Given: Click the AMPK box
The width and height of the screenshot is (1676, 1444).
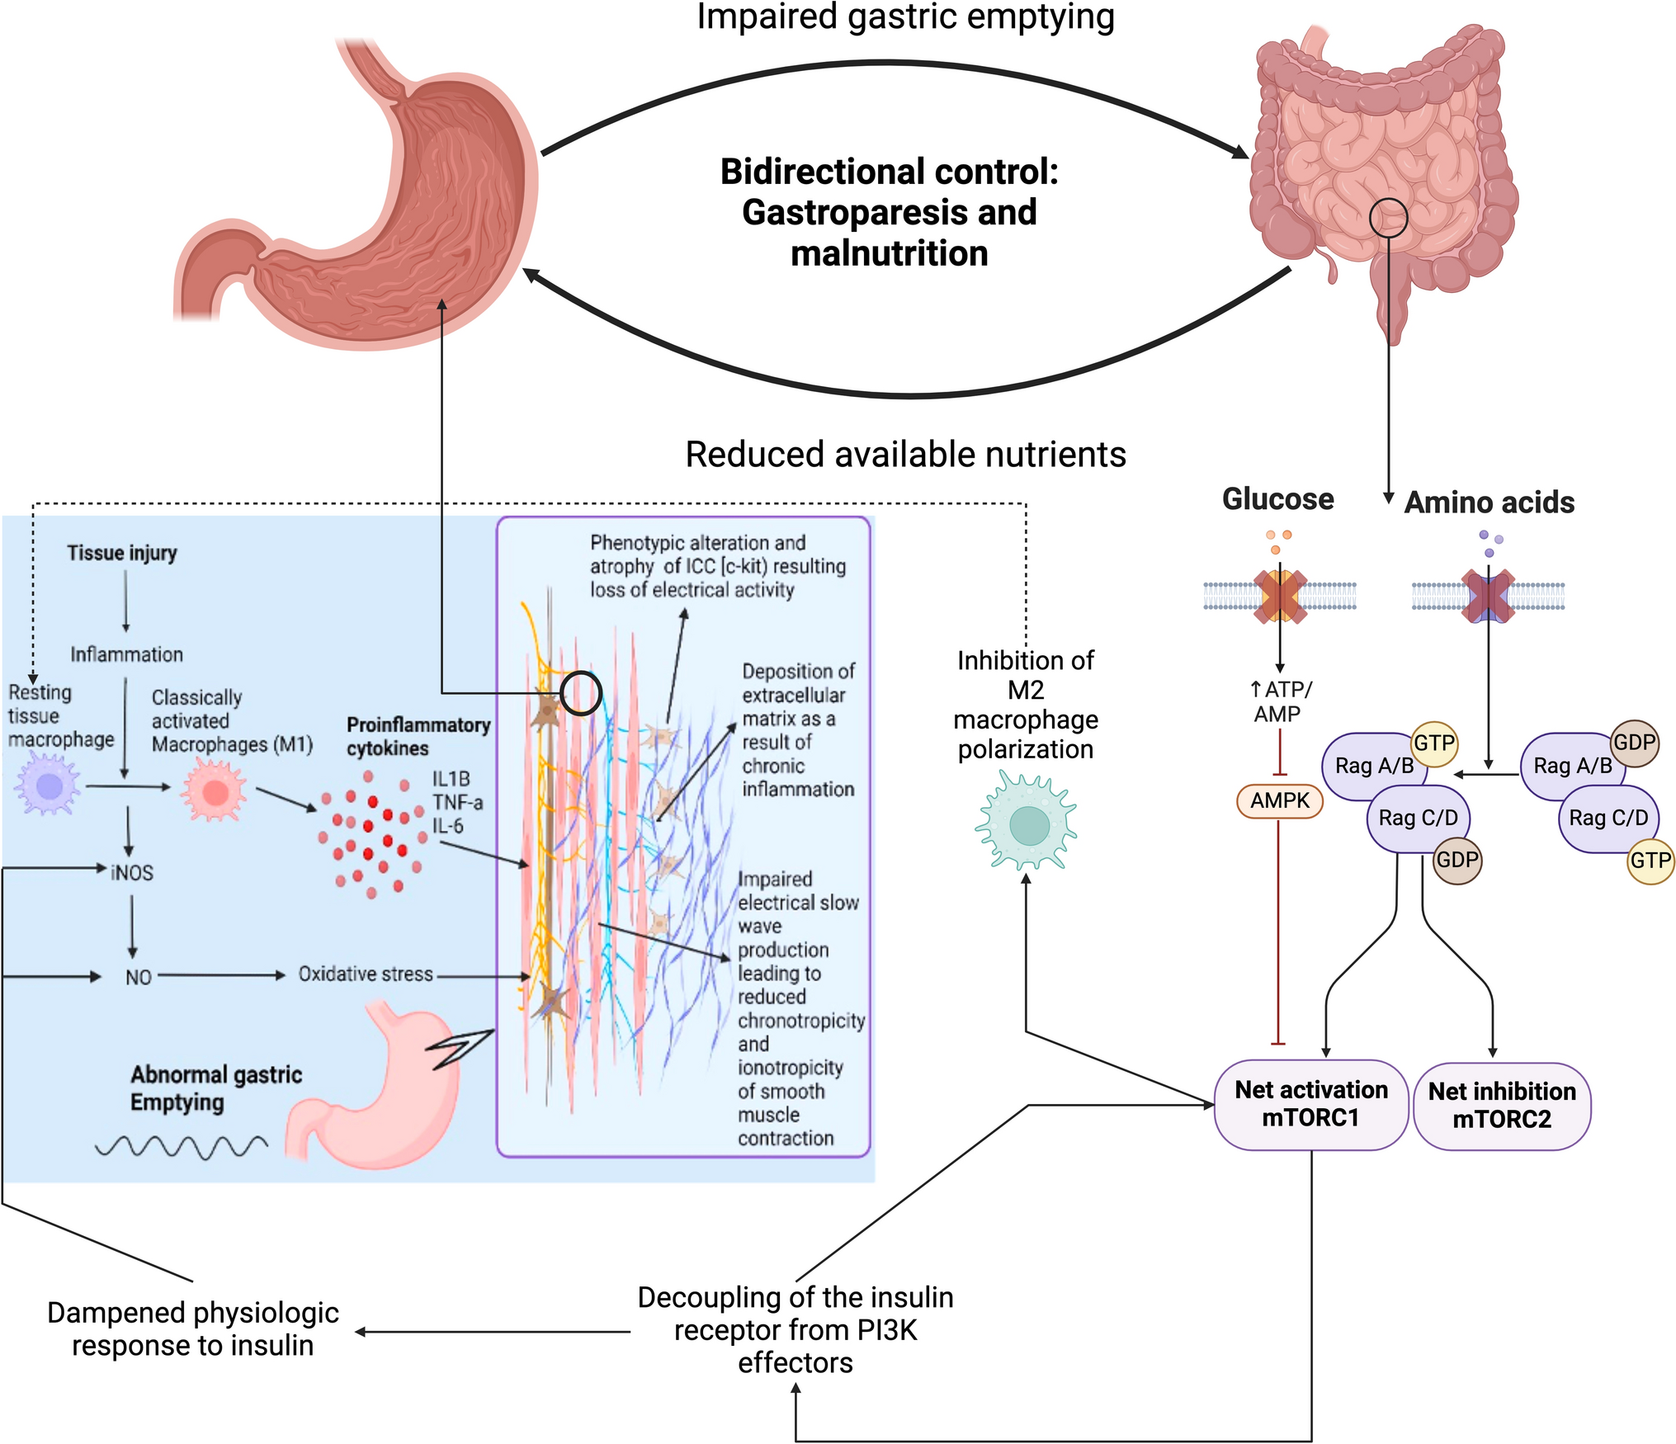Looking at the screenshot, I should pyautogui.click(x=1279, y=800).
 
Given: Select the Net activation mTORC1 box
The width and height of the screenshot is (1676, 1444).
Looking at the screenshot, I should pyautogui.click(x=1310, y=1104).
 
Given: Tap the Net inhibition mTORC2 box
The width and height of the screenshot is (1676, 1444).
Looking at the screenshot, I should pyautogui.click(x=1502, y=1106).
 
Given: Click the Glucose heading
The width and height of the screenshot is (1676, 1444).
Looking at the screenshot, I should pyautogui.click(x=1277, y=499).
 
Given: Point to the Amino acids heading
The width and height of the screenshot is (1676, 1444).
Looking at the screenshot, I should pyautogui.click(x=1489, y=503).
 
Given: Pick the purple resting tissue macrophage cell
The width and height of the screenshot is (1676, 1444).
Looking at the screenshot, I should pyautogui.click(x=49, y=786).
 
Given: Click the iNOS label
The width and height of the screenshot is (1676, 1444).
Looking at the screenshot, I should pyautogui.click(x=132, y=872).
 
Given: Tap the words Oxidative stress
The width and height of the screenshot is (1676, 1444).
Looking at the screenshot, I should pyautogui.click(x=366, y=974).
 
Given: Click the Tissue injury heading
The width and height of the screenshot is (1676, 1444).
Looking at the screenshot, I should pyautogui.click(x=122, y=553).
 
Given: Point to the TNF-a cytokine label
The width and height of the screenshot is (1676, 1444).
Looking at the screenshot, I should pyautogui.click(x=457, y=802).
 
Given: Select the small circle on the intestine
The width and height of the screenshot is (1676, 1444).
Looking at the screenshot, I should pyautogui.click(x=1388, y=218).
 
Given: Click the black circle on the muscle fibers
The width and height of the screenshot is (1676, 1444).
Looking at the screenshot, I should pyautogui.click(x=581, y=692).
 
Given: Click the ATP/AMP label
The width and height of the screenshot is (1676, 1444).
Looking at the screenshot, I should pyautogui.click(x=1280, y=701).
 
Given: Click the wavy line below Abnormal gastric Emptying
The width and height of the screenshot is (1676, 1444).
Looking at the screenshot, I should pyautogui.click(x=182, y=1146).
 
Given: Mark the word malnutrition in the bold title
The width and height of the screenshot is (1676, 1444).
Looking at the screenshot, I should pyautogui.click(x=889, y=253).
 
